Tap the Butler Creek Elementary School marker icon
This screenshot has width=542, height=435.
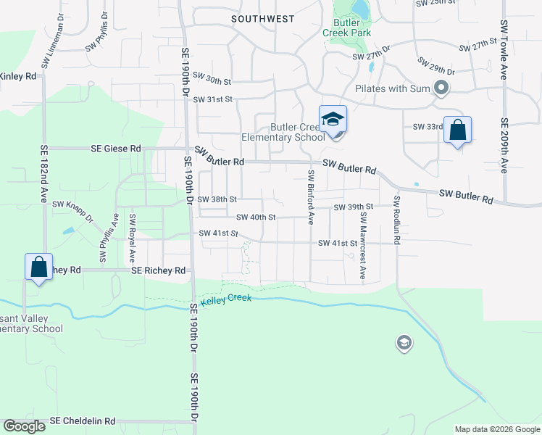pos(333,119)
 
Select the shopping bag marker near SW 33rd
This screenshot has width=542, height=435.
pos(457,130)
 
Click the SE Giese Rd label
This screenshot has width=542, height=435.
pos(116,148)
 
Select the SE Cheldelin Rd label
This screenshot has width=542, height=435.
pos(83,420)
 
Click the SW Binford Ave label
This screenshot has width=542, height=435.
pos(311,196)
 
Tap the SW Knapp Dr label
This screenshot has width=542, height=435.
pos(73,211)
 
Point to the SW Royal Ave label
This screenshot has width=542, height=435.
pos(132,238)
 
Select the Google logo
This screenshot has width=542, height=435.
pos(24,426)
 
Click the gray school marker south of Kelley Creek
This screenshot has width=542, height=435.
pos(404,343)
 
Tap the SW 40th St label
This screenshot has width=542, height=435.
pos(256,217)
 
